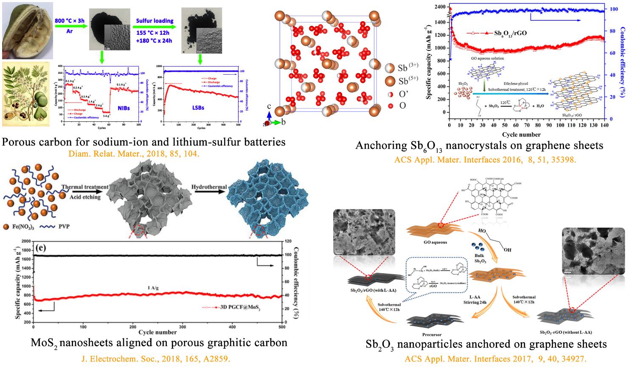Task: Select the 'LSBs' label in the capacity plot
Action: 198,108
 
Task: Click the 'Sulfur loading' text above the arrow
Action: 154,21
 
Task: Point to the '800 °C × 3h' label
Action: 70,20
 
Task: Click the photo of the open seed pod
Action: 26,30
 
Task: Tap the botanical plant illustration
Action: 26,94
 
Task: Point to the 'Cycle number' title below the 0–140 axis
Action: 521,134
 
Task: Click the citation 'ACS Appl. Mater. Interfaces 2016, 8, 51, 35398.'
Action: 485,160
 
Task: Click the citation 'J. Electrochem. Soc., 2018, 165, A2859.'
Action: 156,358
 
